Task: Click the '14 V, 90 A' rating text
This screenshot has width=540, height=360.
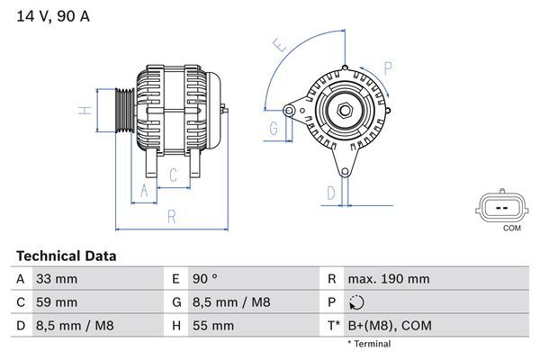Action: coord(52,16)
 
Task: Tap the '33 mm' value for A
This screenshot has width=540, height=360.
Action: coord(55,280)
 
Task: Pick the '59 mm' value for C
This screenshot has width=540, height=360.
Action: coord(55,302)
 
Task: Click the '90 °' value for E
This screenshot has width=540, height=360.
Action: coord(208,280)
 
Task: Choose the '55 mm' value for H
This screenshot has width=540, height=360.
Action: coord(211,325)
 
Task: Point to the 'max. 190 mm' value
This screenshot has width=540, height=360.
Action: coord(388,280)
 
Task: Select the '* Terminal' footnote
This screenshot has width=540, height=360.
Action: coord(369,344)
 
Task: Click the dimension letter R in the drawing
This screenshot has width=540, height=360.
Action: coord(171,215)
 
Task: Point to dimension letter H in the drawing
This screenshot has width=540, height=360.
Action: coord(82,111)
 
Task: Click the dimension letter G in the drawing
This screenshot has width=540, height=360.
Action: coord(273,128)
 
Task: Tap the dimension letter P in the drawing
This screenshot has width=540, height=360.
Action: coord(387,67)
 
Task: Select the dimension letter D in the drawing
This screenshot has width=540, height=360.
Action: coord(330,193)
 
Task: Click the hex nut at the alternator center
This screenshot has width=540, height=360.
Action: coord(345,111)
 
